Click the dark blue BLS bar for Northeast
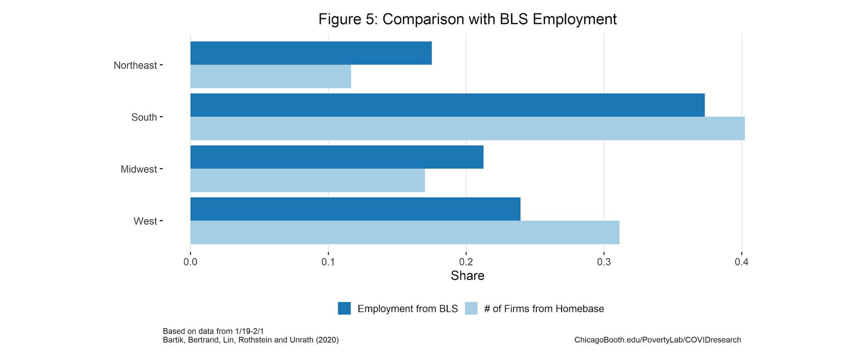coord(311,53)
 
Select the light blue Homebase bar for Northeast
coord(271,76)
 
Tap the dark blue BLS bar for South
coord(447,105)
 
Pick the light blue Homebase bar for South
coord(467,128)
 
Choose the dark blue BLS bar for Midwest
coord(337,157)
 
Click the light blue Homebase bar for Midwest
coord(307,180)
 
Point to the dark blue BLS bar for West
coord(355,209)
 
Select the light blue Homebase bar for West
coord(405,232)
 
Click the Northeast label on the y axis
coord(135,65)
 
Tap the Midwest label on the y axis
coord(139,169)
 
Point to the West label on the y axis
coord(145,221)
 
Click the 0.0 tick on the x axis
coord(190,262)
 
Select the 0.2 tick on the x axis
coord(466,262)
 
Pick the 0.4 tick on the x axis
coord(741,262)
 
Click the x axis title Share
coord(467,275)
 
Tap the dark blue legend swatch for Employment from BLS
coord(344,309)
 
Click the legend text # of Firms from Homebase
coord(544,309)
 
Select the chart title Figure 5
coord(467,19)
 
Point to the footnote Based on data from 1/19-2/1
coord(213,331)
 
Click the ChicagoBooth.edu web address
coord(657,340)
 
